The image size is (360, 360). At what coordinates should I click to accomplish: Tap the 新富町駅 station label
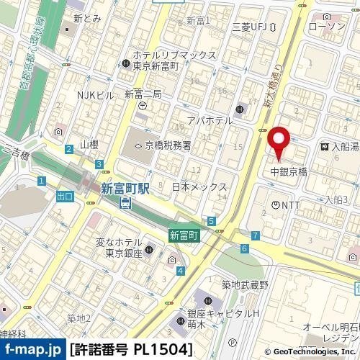125,189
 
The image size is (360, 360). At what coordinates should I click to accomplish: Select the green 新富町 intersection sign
184,235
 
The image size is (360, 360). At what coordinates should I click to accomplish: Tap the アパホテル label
210,120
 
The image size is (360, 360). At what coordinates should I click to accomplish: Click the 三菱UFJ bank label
250,27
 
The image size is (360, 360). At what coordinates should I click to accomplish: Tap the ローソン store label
326,27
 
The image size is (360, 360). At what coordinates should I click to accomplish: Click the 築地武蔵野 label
245,285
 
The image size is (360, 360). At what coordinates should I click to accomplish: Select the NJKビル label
96,95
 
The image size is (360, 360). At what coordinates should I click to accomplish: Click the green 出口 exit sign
65,196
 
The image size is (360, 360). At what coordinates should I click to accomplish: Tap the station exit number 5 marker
211,221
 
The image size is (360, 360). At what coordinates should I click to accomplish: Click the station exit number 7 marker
256,235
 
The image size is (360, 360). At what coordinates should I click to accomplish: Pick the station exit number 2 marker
68,149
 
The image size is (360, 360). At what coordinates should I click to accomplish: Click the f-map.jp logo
33,350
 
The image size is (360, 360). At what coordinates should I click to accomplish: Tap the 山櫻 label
89,145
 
